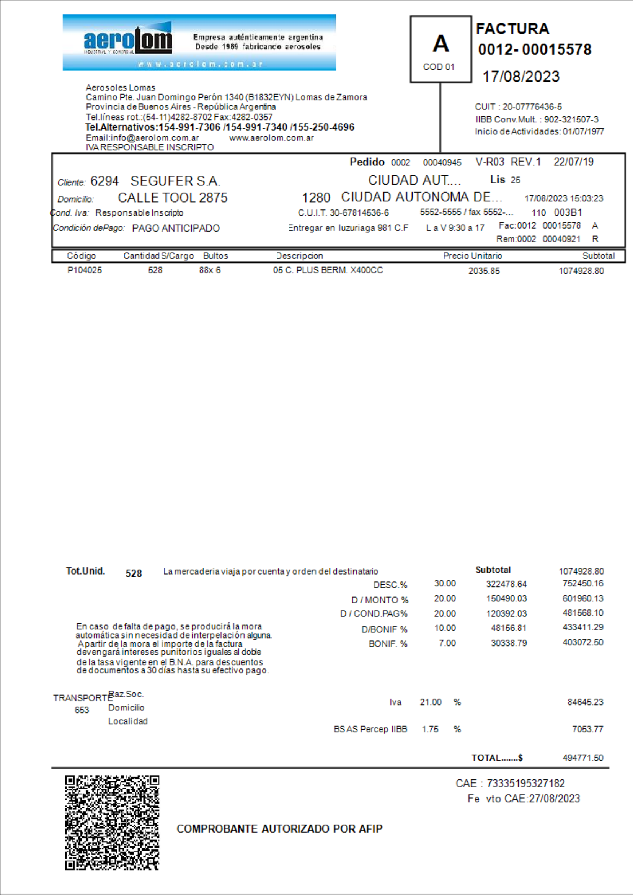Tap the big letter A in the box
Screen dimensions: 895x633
pos(440,43)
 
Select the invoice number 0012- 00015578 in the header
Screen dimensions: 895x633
pos(534,49)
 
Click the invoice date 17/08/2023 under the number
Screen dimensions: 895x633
pos(521,77)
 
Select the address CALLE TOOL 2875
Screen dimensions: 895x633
pos(173,198)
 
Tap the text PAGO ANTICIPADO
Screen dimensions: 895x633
pos(176,228)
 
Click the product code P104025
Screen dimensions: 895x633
pos(85,270)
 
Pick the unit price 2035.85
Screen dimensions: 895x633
pos(484,271)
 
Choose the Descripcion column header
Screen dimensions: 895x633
pos(299,256)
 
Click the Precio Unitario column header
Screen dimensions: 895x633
pos(472,256)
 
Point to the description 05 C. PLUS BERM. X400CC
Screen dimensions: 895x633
pos(328,270)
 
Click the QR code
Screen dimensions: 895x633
pos(112,823)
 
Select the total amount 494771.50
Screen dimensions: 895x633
pos(583,758)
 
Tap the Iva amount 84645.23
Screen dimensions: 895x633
pos(585,702)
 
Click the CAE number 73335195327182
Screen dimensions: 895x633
pos(525,784)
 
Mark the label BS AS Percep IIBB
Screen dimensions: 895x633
pos(370,729)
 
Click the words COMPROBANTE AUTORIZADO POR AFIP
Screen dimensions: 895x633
pos(279,829)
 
